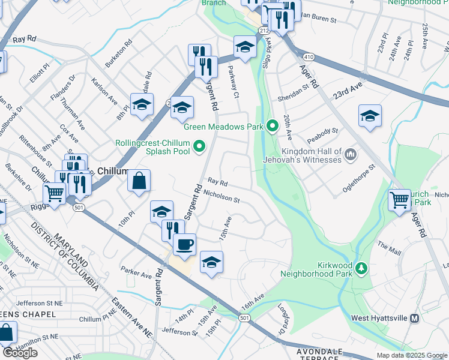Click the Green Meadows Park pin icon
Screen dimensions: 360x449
tap(273, 125)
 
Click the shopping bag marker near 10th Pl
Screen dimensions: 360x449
tap(139, 181)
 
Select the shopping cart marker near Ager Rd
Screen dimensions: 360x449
tap(399, 199)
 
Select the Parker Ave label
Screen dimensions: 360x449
tap(136, 272)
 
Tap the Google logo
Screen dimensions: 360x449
tap(20, 352)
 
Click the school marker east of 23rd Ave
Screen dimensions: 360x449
tap(370, 116)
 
